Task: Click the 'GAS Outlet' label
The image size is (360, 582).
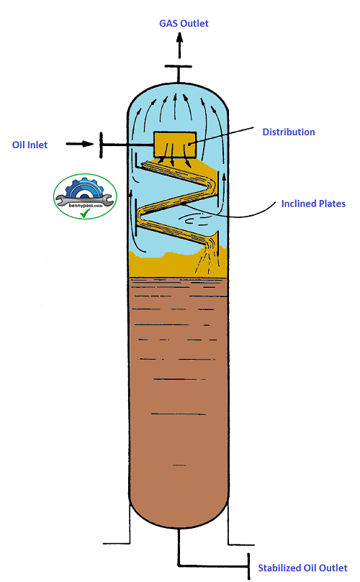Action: [x=184, y=24]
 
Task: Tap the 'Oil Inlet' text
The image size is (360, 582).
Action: [x=30, y=145]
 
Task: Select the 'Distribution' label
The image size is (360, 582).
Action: [x=288, y=132]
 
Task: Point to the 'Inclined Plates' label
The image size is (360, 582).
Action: [x=313, y=204]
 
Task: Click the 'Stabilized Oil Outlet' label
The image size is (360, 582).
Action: [x=302, y=568]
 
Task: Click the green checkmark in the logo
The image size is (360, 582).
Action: [x=85, y=214]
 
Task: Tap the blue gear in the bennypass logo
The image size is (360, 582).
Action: [x=84, y=188]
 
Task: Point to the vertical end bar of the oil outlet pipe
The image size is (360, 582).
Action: [x=249, y=565]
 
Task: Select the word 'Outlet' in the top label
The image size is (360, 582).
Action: [x=195, y=24]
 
